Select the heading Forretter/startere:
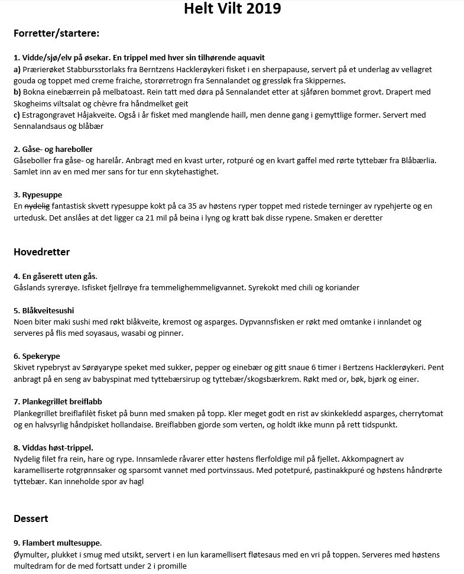point(56,33)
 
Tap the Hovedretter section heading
point(41,252)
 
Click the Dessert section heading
point(31,518)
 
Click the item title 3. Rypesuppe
point(37,194)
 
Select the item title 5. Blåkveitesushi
point(44,310)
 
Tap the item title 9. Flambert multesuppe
point(57,543)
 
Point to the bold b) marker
point(17,92)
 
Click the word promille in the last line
point(187,566)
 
